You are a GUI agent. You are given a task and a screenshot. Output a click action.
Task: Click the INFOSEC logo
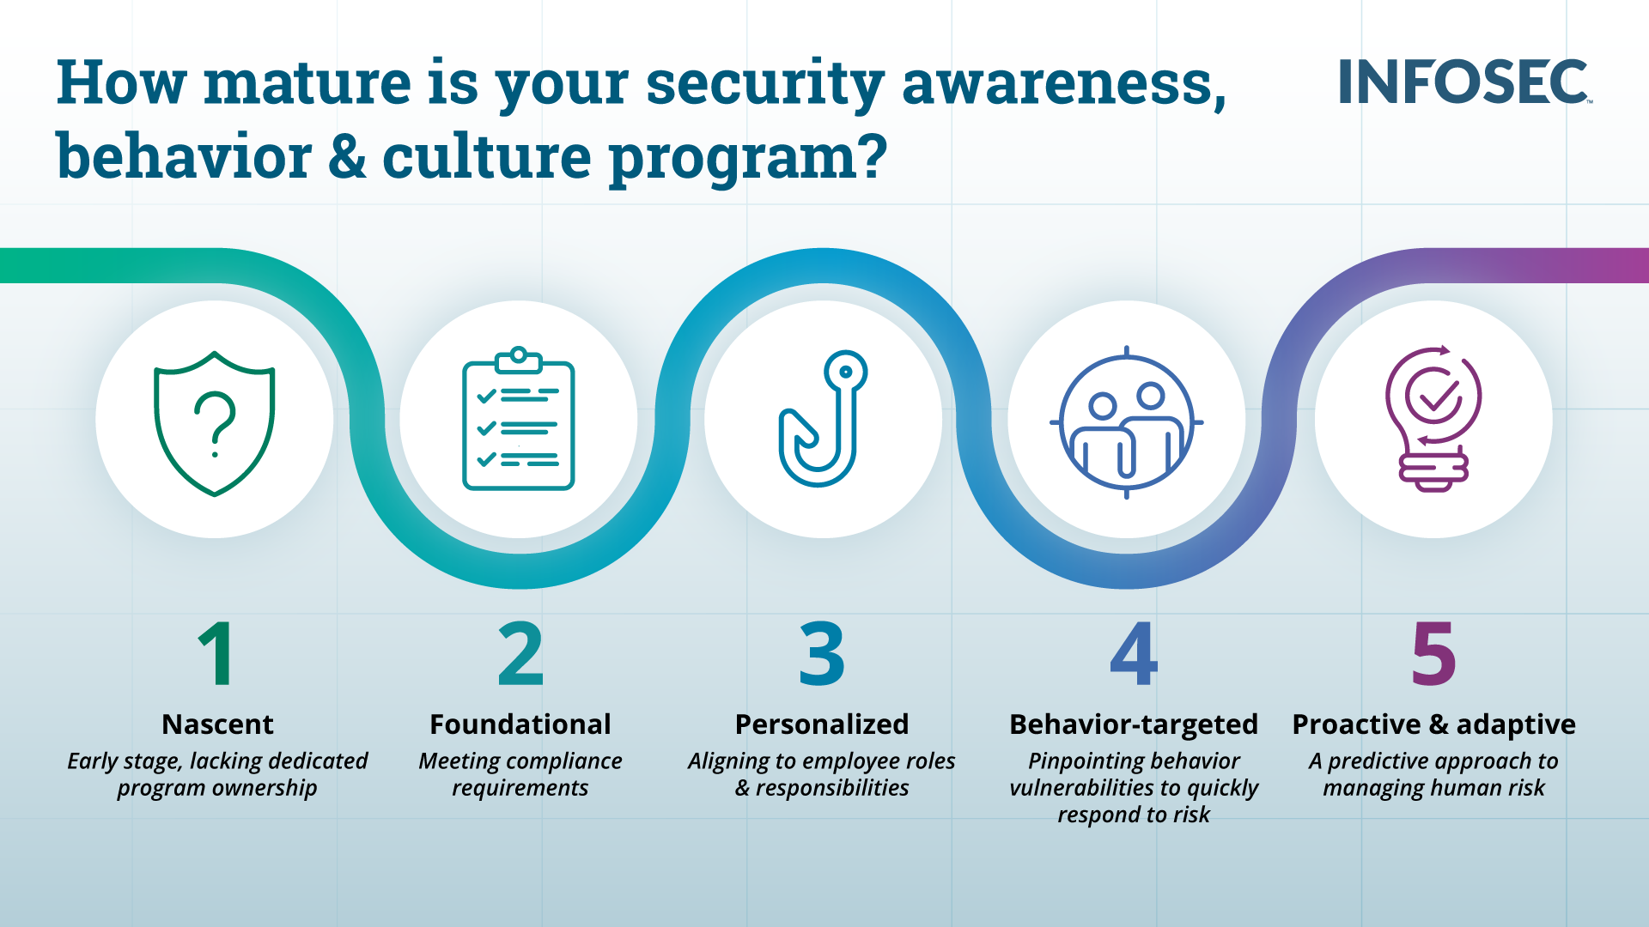tap(1464, 82)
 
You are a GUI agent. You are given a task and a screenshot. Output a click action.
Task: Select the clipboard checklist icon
tap(518, 419)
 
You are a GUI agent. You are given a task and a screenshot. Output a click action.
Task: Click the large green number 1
tap(216, 654)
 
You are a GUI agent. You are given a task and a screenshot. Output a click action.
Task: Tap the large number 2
tap(520, 654)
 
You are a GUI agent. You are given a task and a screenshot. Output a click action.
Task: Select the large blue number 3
tap(822, 654)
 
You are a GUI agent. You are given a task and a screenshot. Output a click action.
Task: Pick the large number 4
tap(1134, 654)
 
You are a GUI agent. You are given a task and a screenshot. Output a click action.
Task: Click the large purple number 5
tap(1433, 654)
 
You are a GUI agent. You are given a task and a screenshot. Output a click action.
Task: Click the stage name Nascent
tap(217, 724)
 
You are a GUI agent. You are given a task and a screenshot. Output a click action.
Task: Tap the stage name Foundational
tap(520, 724)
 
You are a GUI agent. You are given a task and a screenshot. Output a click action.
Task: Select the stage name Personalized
tap(822, 724)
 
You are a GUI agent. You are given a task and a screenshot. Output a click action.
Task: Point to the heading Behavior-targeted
tap(1134, 725)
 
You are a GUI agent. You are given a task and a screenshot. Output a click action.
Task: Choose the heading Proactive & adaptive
tap(1434, 725)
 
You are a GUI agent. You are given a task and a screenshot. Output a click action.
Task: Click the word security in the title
tap(764, 84)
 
